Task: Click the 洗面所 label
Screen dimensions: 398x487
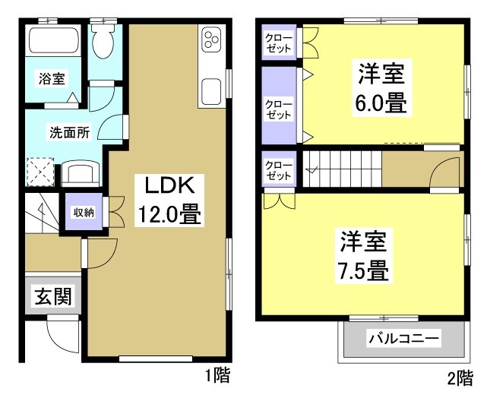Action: point(70,131)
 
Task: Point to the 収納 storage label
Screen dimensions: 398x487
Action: point(84,213)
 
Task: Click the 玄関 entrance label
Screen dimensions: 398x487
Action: point(52,297)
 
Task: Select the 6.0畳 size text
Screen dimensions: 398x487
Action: point(380,103)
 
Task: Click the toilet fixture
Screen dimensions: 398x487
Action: point(101,42)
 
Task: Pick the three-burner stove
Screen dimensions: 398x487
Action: point(210,43)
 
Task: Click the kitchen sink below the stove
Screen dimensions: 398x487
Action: point(210,90)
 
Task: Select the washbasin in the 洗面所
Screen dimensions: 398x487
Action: point(78,172)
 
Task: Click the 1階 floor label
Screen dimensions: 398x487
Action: point(217,375)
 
